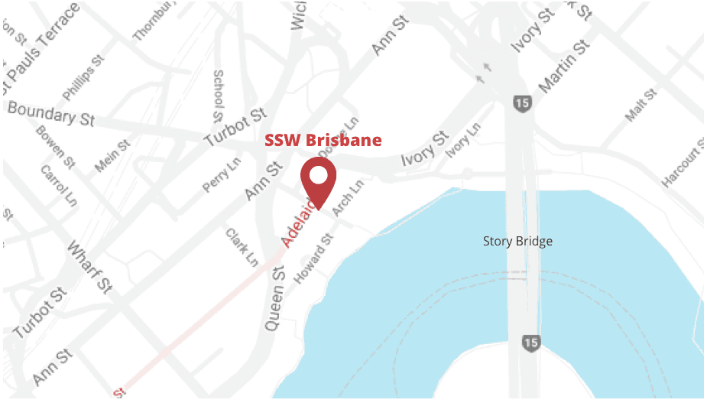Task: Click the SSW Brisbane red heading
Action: click(323, 141)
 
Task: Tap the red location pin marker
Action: click(318, 180)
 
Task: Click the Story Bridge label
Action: click(517, 241)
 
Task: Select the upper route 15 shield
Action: click(522, 102)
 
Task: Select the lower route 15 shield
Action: click(530, 343)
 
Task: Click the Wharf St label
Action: click(91, 267)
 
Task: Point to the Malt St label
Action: click(641, 106)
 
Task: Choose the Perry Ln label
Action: click(222, 175)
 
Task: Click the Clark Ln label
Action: click(242, 246)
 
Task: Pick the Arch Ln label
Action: click(349, 198)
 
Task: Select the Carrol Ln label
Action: click(59, 185)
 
